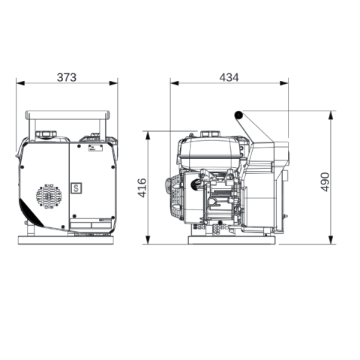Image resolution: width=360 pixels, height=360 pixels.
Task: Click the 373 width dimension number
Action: tap(67, 77)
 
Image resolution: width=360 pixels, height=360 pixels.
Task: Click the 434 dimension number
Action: tap(229, 77)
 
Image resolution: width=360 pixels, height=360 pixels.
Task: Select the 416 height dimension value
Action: tap(142, 187)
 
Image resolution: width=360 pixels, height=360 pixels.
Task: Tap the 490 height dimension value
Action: tap(325, 181)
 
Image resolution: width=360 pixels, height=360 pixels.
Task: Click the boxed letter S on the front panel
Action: tap(76, 188)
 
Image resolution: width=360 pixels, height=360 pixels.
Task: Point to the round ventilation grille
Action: tap(49, 196)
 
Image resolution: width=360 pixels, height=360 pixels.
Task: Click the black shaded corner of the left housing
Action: tap(30, 213)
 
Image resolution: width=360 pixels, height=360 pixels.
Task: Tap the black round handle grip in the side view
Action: tap(238, 115)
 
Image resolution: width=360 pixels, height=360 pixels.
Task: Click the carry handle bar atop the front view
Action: tap(67, 115)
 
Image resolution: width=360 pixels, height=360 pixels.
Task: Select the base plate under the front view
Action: tap(65, 240)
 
